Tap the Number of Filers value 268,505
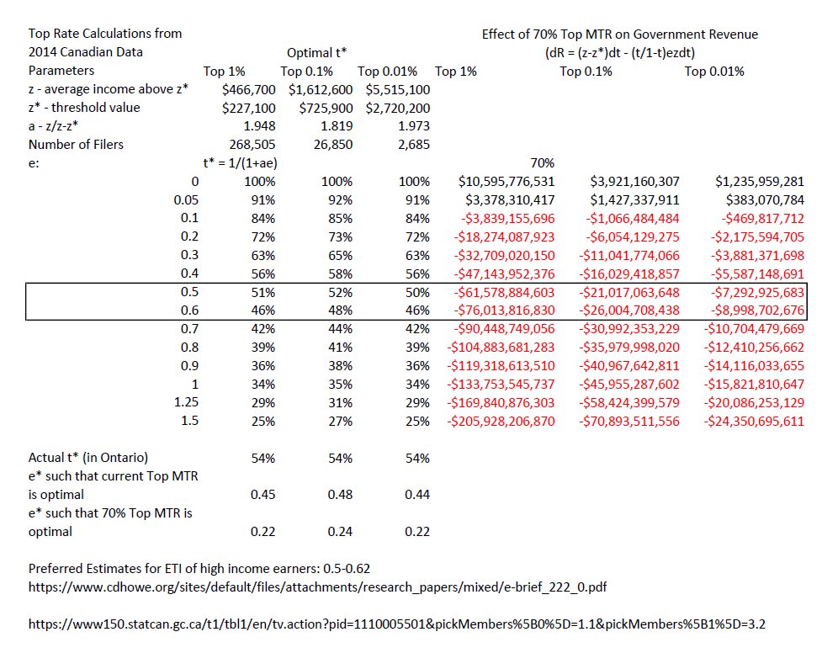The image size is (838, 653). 248,144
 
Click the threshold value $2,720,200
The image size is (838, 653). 397,108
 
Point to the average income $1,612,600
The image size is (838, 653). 321,89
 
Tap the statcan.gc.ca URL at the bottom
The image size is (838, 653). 397,625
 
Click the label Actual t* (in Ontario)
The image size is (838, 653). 88,458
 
